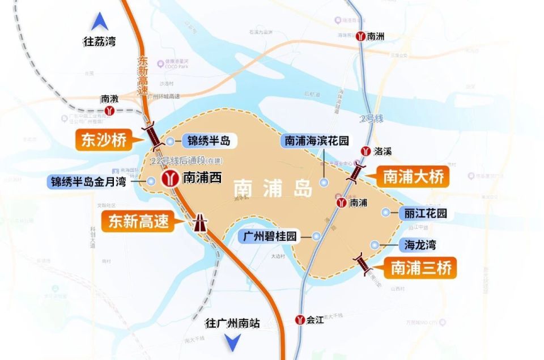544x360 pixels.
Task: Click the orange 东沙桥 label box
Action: coord(104,141)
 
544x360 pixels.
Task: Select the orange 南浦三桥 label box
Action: coord(421,268)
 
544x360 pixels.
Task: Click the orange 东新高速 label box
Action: coord(139,221)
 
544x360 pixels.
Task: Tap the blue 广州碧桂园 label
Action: coord(271,236)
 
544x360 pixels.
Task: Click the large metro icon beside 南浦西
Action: coord(169,179)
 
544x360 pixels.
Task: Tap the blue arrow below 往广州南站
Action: coord(232,342)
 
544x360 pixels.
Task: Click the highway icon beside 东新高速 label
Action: coord(199,223)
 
